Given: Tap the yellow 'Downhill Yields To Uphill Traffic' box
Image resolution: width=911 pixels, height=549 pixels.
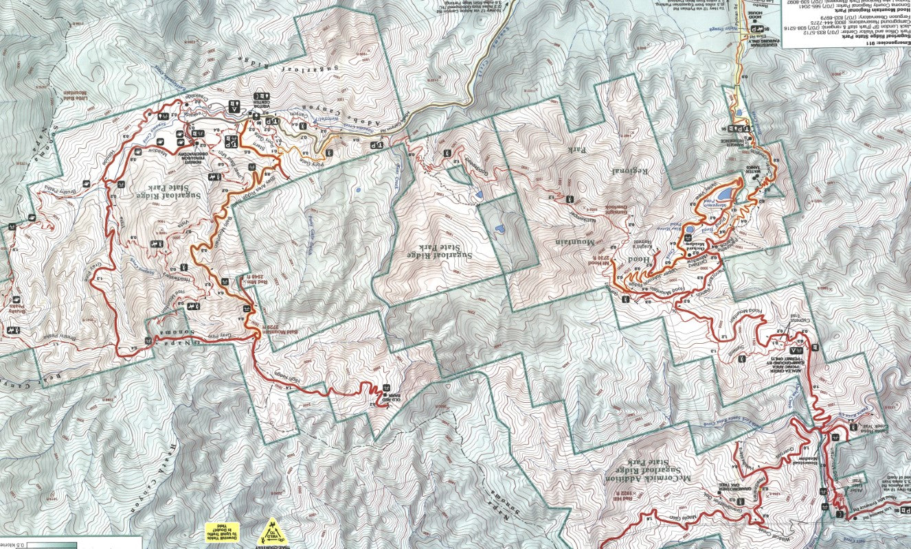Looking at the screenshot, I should tap(225, 533).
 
